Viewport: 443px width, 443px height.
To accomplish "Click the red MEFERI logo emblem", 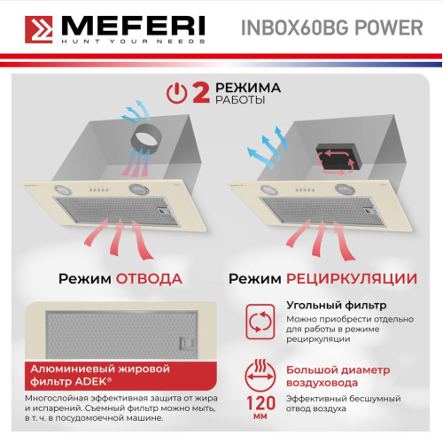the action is click(x=39, y=29).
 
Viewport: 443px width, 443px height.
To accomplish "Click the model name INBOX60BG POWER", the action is click(x=332, y=28).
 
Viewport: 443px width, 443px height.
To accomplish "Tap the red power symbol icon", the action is click(x=176, y=93).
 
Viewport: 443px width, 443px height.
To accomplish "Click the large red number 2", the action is click(x=201, y=93).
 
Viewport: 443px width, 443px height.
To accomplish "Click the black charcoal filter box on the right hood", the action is click(x=338, y=157).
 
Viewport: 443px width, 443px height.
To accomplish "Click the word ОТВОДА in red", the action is click(x=149, y=279).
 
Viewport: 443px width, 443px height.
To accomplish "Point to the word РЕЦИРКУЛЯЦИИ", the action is click(x=352, y=279).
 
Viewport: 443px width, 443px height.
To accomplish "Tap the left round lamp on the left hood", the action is click(x=63, y=190).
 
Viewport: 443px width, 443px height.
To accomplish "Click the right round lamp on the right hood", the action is click(x=345, y=190).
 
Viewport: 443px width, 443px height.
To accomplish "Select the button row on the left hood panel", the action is click(x=99, y=190).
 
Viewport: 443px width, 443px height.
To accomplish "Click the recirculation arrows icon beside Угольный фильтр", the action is click(x=260, y=322).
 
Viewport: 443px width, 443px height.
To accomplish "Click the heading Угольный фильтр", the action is click(x=337, y=305).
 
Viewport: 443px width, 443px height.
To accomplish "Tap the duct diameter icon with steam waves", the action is click(x=260, y=376).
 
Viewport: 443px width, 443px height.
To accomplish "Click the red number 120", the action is click(x=260, y=403).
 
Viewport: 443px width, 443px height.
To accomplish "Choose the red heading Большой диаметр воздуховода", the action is click(x=338, y=377).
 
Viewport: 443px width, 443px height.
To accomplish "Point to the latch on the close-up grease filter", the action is click(x=186, y=344).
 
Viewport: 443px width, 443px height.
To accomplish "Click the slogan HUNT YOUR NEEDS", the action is click(x=133, y=42).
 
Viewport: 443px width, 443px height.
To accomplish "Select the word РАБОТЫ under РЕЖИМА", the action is click(x=240, y=100).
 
